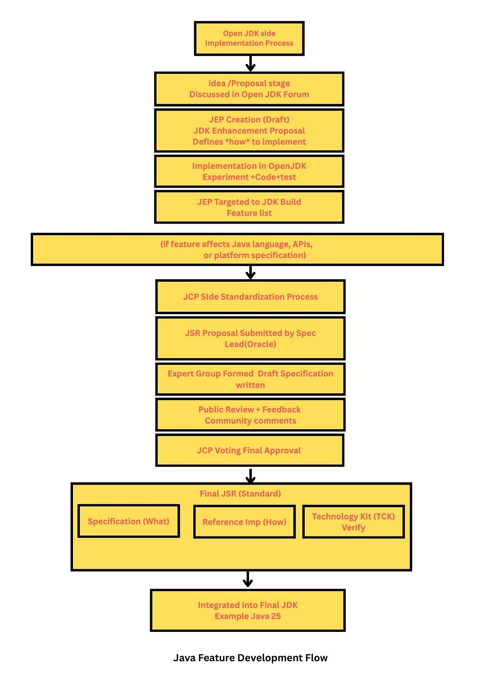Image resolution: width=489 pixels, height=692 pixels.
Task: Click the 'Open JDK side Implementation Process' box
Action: click(x=249, y=38)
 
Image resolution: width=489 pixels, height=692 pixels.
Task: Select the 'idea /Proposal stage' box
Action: click(x=249, y=89)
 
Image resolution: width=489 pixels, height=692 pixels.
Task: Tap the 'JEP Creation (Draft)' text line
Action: click(x=249, y=120)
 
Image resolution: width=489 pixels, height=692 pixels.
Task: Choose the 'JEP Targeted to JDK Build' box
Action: click(x=249, y=207)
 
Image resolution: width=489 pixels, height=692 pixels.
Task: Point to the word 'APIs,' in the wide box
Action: click(x=302, y=244)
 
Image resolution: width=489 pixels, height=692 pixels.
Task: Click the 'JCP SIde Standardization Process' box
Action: click(x=250, y=297)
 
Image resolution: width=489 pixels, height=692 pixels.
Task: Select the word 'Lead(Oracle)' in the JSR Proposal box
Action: click(x=250, y=344)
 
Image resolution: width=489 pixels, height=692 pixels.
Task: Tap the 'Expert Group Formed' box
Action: click(x=250, y=379)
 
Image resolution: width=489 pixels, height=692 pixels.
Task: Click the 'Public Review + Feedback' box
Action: click(x=250, y=415)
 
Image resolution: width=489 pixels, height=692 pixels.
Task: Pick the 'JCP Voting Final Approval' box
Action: click(x=250, y=450)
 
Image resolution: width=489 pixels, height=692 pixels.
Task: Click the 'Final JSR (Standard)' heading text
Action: click(x=240, y=493)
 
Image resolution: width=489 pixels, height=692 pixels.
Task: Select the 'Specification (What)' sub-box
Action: click(x=129, y=521)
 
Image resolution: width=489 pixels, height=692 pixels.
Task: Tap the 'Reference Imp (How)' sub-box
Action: click(x=245, y=522)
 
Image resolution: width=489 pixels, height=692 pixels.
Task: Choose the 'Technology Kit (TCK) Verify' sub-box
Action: click(x=353, y=522)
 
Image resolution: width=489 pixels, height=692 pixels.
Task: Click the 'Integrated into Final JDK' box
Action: click(x=248, y=611)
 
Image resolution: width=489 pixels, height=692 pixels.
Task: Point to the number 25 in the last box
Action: click(x=276, y=616)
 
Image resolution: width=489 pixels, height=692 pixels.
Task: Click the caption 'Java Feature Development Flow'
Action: click(x=250, y=658)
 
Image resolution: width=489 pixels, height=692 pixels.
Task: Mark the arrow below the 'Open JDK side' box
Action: click(x=250, y=64)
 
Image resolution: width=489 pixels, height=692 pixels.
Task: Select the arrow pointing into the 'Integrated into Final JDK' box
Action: click(x=248, y=579)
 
